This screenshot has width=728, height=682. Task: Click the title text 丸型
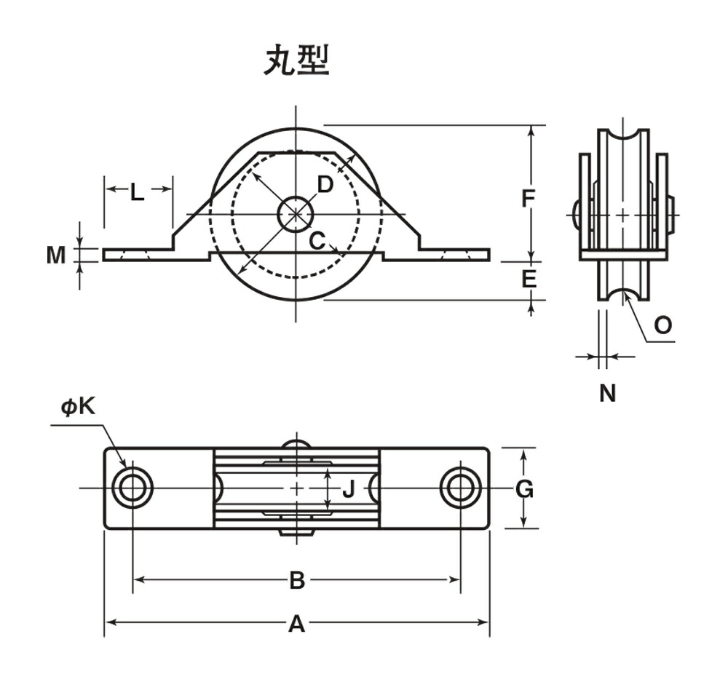pyautogui.click(x=296, y=61)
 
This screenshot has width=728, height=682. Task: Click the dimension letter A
pyautogui.click(x=296, y=624)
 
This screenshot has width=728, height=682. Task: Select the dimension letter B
pyautogui.click(x=296, y=580)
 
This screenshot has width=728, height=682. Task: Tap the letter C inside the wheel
pyautogui.click(x=317, y=240)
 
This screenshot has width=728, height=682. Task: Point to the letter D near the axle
pyautogui.click(x=325, y=185)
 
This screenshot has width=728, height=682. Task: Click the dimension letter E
pyautogui.click(x=529, y=279)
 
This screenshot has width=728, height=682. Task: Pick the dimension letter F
pyautogui.click(x=529, y=198)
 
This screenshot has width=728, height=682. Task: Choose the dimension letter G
pyautogui.click(x=524, y=489)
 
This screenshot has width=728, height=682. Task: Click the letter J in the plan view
pyautogui.click(x=348, y=489)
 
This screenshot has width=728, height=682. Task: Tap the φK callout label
pyautogui.click(x=78, y=407)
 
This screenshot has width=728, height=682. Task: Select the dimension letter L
pyautogui.click(x=137, y=193)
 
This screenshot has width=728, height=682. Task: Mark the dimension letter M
pyautogui.click(x=56, y=255)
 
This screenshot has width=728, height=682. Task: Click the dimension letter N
pyautogui.click(x=607, y=393)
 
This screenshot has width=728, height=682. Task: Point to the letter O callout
pyautogui.click(x=662, y=325)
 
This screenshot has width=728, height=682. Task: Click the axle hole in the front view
pyautogui.click(x=296, y=214)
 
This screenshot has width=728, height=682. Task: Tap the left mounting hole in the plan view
pyautogui.click(x=132, y=488)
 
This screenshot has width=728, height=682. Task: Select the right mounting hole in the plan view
pyautogui.click(x=460, y=488)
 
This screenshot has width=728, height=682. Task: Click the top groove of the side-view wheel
pyautogui.click(x=623, y=138)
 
